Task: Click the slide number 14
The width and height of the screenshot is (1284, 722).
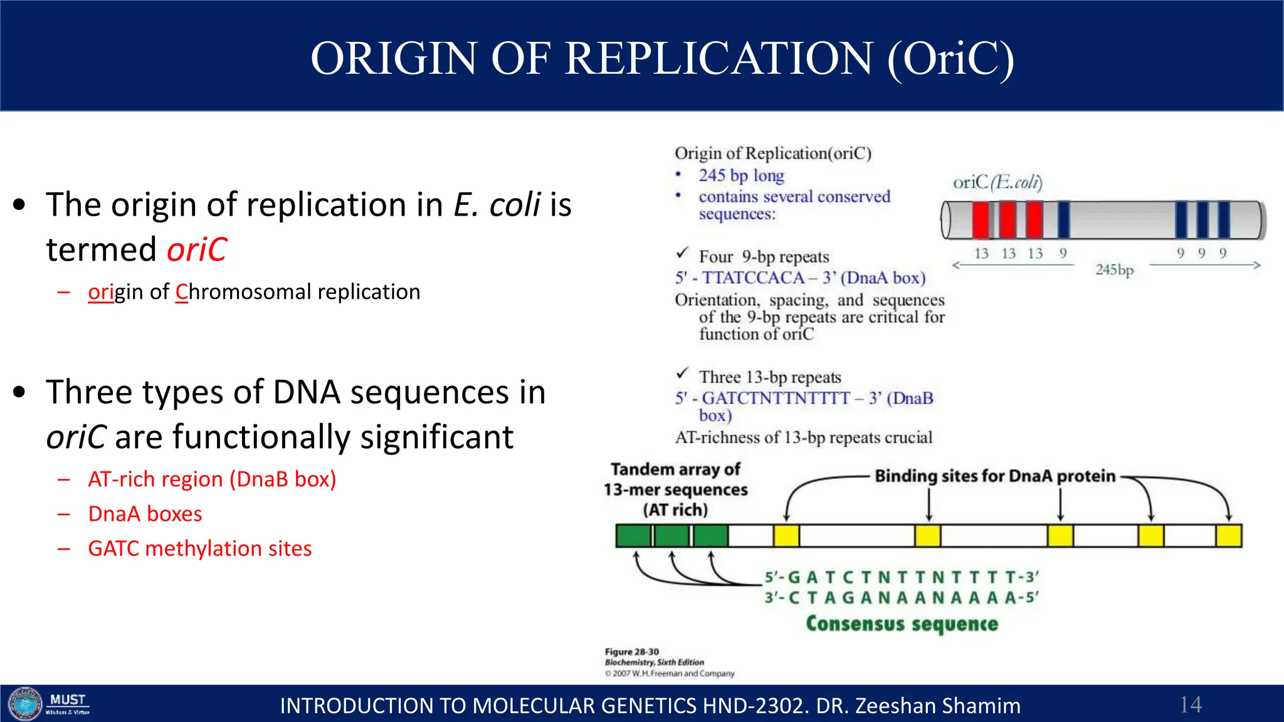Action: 1190,704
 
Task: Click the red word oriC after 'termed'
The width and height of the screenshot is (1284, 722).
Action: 197,249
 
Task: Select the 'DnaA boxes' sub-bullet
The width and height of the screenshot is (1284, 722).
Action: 145,514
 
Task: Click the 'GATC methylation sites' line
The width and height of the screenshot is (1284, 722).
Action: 199,548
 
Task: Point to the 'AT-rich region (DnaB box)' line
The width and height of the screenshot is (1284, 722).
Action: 212,479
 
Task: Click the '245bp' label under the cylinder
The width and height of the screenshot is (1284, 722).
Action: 1114,269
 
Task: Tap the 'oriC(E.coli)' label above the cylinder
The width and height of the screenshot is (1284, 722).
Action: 997,182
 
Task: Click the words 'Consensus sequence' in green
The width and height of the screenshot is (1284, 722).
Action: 902,624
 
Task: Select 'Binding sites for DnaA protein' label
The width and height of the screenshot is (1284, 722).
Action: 995,476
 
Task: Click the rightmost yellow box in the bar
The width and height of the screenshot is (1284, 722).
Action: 1228,536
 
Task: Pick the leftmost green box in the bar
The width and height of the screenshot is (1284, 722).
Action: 633,536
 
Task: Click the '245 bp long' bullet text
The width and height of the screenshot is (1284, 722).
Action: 741,175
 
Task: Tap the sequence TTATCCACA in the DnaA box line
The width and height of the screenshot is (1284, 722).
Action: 752,278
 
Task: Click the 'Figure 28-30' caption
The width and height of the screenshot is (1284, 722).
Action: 631,652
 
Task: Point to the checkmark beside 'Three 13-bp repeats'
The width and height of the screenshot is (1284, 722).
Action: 683,374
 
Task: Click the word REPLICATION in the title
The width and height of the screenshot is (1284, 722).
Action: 718,58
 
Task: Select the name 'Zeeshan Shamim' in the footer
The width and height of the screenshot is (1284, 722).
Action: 937,706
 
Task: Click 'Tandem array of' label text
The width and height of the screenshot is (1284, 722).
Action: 675,469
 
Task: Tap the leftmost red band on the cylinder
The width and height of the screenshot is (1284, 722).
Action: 981,221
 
